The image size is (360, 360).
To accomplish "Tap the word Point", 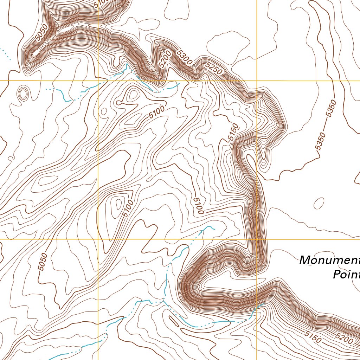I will (x=346, y=275).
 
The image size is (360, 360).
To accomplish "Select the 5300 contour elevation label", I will (x=184, y=57).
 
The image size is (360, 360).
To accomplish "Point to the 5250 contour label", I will (x=213, y=68).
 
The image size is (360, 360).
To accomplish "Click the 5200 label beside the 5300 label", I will (x=165, y=59).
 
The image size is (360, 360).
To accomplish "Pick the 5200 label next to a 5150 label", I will (x=344, y=339).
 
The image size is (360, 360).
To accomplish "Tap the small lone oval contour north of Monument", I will (x=319, y=203).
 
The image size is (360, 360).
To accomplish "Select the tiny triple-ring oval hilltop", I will (x=23, y=94).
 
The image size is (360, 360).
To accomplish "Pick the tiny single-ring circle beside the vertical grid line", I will (x=104, y=111).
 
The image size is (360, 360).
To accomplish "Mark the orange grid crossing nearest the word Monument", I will (x=257, y=239).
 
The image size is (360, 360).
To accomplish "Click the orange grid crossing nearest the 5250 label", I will (x=257, y=81).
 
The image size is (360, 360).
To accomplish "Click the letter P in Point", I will (x=336, y=275).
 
